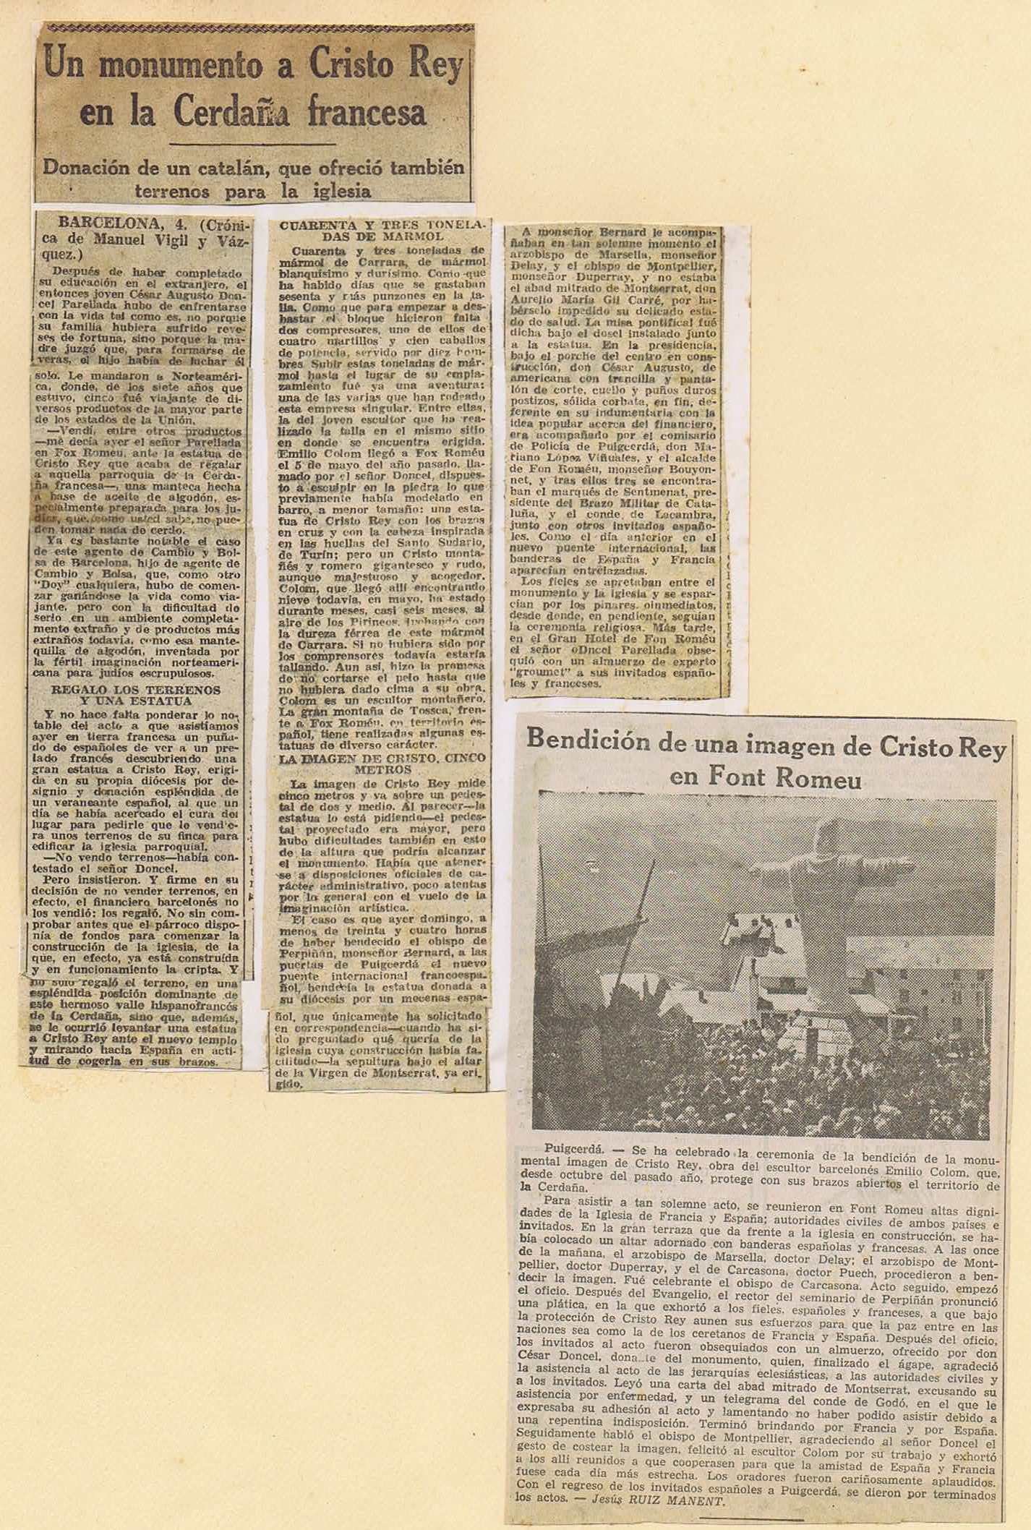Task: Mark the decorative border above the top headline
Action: pos(257,29)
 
